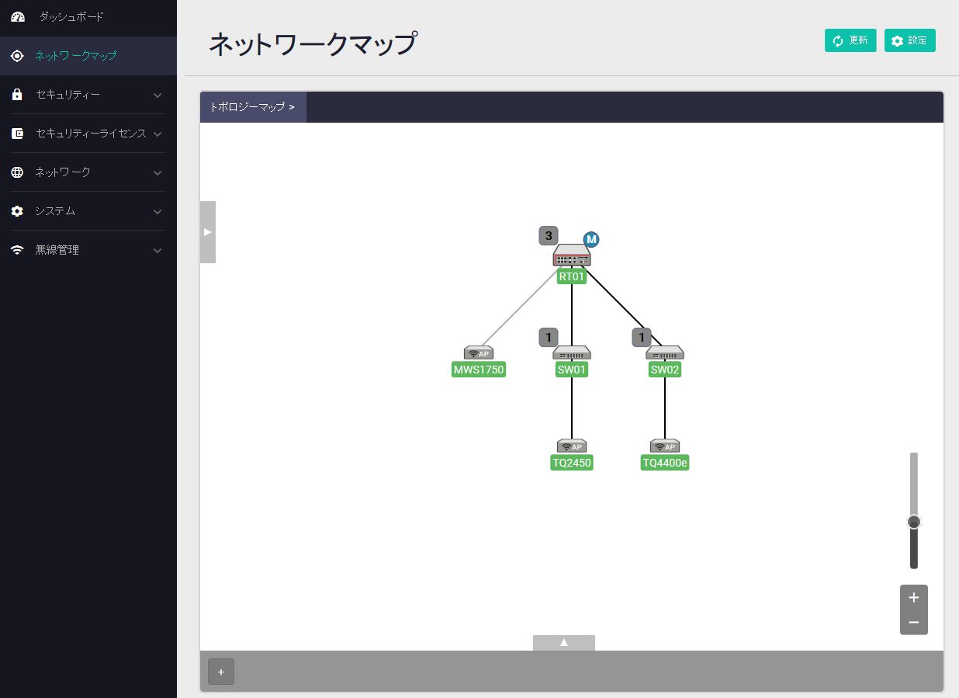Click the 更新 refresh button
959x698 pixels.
(850, 40)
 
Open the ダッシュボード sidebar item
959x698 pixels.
(71, 17)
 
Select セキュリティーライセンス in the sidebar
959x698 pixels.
(90, 134)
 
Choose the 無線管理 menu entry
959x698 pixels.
(57, 250)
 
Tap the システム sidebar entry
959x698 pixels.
(55, 211)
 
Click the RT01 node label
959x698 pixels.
(571, 276)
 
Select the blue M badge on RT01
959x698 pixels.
(591, 239)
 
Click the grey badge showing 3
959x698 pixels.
(549, 236)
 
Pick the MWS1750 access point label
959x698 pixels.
(479, 370)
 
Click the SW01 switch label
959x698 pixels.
(571, 370)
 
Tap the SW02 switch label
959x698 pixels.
(664, 370)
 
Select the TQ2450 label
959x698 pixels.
(571, 463)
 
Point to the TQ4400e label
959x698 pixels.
(665, 463)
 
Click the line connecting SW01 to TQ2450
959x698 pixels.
(572, 408)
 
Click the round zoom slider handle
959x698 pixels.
(914, 522)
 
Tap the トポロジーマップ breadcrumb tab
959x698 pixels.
(252, 107)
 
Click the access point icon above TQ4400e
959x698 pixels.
(665, 446)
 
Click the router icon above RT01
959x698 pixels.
(572, 255)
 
